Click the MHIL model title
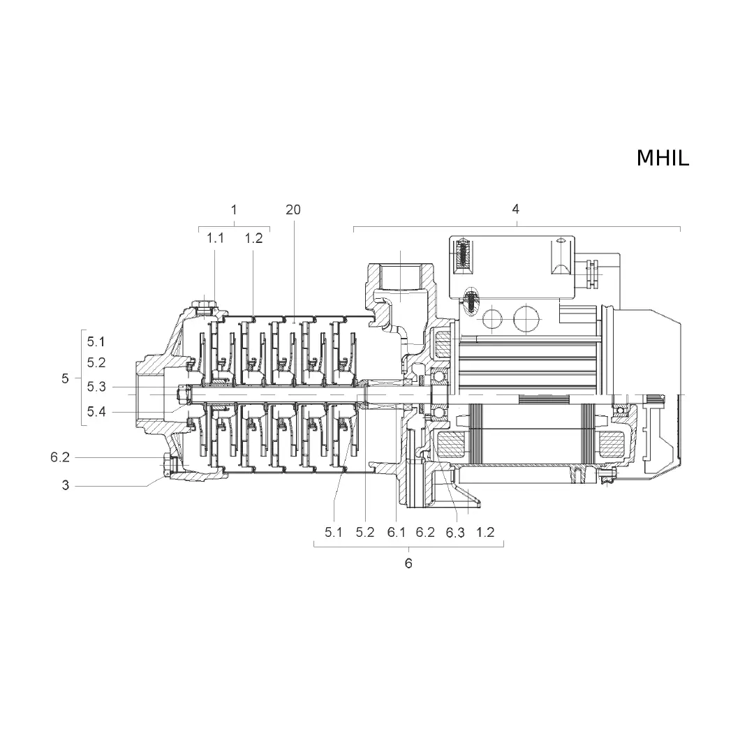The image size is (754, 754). (x=663, y=158)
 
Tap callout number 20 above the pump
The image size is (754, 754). (x=293, y=209)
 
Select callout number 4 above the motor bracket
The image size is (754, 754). (x=515, y=209)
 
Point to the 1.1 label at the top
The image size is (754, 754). (x=216, y=238)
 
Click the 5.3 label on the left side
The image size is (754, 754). (x=96, y=387)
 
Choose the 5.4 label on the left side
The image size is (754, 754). (x=96, y=412)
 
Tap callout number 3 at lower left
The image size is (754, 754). (x=66, y=485)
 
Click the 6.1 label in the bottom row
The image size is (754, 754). (x=397, y=532)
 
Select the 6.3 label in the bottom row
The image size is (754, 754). (x=455, y=532)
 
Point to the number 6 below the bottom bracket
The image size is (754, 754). (x=408, y=563)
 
